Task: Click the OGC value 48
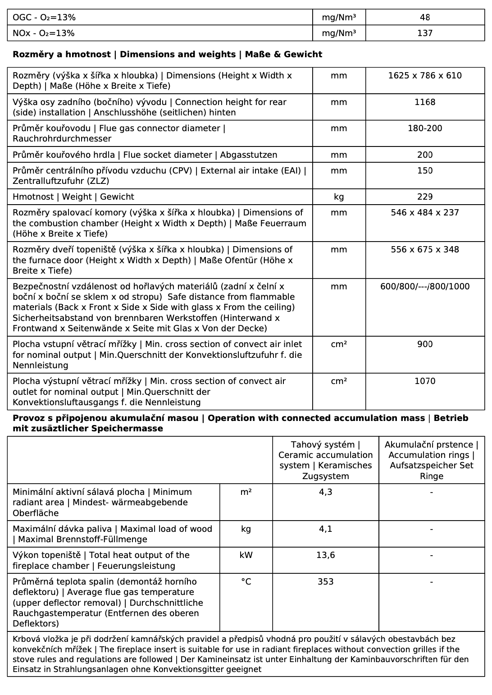424,18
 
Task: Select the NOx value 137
424,33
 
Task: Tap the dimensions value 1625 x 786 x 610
424,76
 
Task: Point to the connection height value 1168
424,102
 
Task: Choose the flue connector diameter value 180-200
424,128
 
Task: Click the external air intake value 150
424,171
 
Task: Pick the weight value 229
424,197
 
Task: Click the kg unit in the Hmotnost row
338,197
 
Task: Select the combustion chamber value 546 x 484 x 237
424,213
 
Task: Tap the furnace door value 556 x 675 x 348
424,250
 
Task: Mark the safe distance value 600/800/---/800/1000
424,287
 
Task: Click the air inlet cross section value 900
424,344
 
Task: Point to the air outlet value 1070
424,381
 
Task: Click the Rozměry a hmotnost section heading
167,55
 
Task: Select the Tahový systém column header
325,460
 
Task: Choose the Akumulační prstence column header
431,460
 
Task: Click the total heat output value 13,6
325,555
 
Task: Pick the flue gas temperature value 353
325,582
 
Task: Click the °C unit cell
246,582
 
